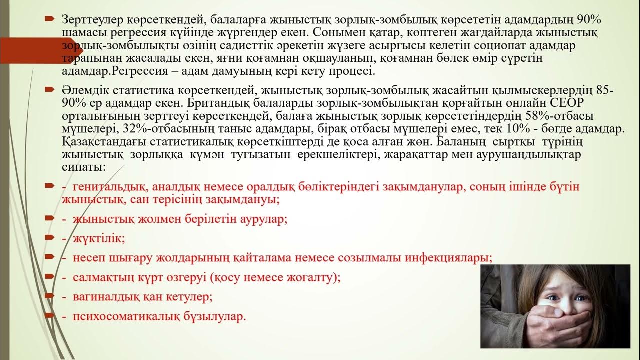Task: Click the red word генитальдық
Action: point(108,187)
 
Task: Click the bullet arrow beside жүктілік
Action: point(49,237)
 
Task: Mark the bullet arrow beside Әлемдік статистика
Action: point(49,90)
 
